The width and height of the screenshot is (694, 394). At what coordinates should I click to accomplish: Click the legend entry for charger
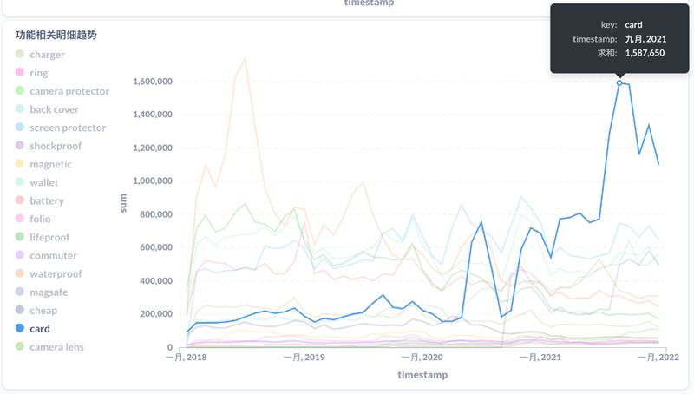tap(47, 55)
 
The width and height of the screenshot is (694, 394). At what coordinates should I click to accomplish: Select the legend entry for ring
tap(38, 73)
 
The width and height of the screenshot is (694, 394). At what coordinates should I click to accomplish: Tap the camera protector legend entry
tap(69, 91)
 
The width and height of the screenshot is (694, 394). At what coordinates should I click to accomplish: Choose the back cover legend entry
tap(54, 109)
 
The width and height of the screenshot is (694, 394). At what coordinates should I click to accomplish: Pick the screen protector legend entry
tap(67, 128)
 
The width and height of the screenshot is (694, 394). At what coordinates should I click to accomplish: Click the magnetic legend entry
tap(50, 164)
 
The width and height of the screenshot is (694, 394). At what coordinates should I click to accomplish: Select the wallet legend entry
tap(43, 182)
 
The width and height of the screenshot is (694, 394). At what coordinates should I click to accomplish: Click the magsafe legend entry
tap(49, 292)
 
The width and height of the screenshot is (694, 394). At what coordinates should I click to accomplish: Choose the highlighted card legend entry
tap(39, 329)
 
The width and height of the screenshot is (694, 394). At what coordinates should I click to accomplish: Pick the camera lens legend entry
tap(56, 347)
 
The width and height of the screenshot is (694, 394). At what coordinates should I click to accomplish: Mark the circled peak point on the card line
tap(619, 83)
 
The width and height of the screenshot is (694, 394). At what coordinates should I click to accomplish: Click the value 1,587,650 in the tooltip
tap(645, 53)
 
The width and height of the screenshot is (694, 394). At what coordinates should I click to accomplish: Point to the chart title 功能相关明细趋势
tap(56, 36)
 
